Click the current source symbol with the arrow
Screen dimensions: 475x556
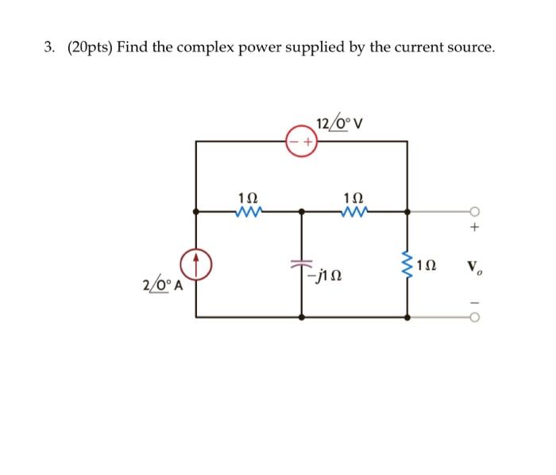coord(196,265)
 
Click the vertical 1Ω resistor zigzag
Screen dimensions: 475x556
coord(408,264)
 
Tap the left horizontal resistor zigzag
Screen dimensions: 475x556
coord(249,212)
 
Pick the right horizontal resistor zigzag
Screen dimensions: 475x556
coord(353,212)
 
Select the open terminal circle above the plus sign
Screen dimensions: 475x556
coord(474,212)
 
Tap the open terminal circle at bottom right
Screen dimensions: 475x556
coord(474,317)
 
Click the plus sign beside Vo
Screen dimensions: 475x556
coord(474,228)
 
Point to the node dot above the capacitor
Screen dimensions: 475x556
coord(302,212)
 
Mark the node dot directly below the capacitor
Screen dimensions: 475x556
coord(302,317)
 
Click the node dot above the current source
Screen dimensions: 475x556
coord(196,212)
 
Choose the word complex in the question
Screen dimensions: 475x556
coord(214,48)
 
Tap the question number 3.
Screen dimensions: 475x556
coord(48,48)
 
